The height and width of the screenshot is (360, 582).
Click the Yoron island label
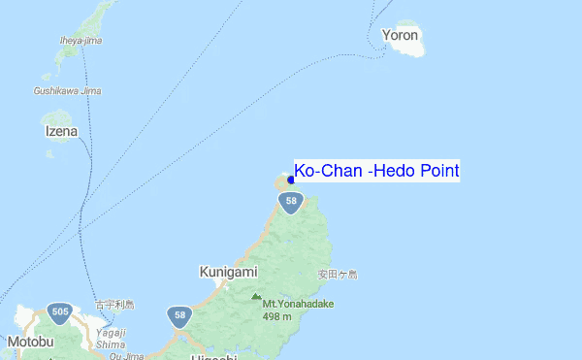(401, 36)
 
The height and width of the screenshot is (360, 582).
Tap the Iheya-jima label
(81, 41)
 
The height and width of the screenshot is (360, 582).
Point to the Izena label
(61, 130)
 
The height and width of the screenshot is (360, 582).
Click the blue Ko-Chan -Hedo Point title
(376, 172)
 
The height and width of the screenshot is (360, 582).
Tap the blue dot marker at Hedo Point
(291, 180)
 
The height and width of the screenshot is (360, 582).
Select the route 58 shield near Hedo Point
(291, 202)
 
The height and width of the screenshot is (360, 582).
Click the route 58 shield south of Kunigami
(178, 316)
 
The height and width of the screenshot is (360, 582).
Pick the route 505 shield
(60, 312)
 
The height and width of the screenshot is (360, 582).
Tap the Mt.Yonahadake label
(298, 304)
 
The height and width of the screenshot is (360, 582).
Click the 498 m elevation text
(277, 316)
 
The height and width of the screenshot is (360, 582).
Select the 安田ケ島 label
(338, 275)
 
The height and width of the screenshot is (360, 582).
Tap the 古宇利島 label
(114, 305)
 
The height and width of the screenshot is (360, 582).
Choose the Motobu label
(28, 342)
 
